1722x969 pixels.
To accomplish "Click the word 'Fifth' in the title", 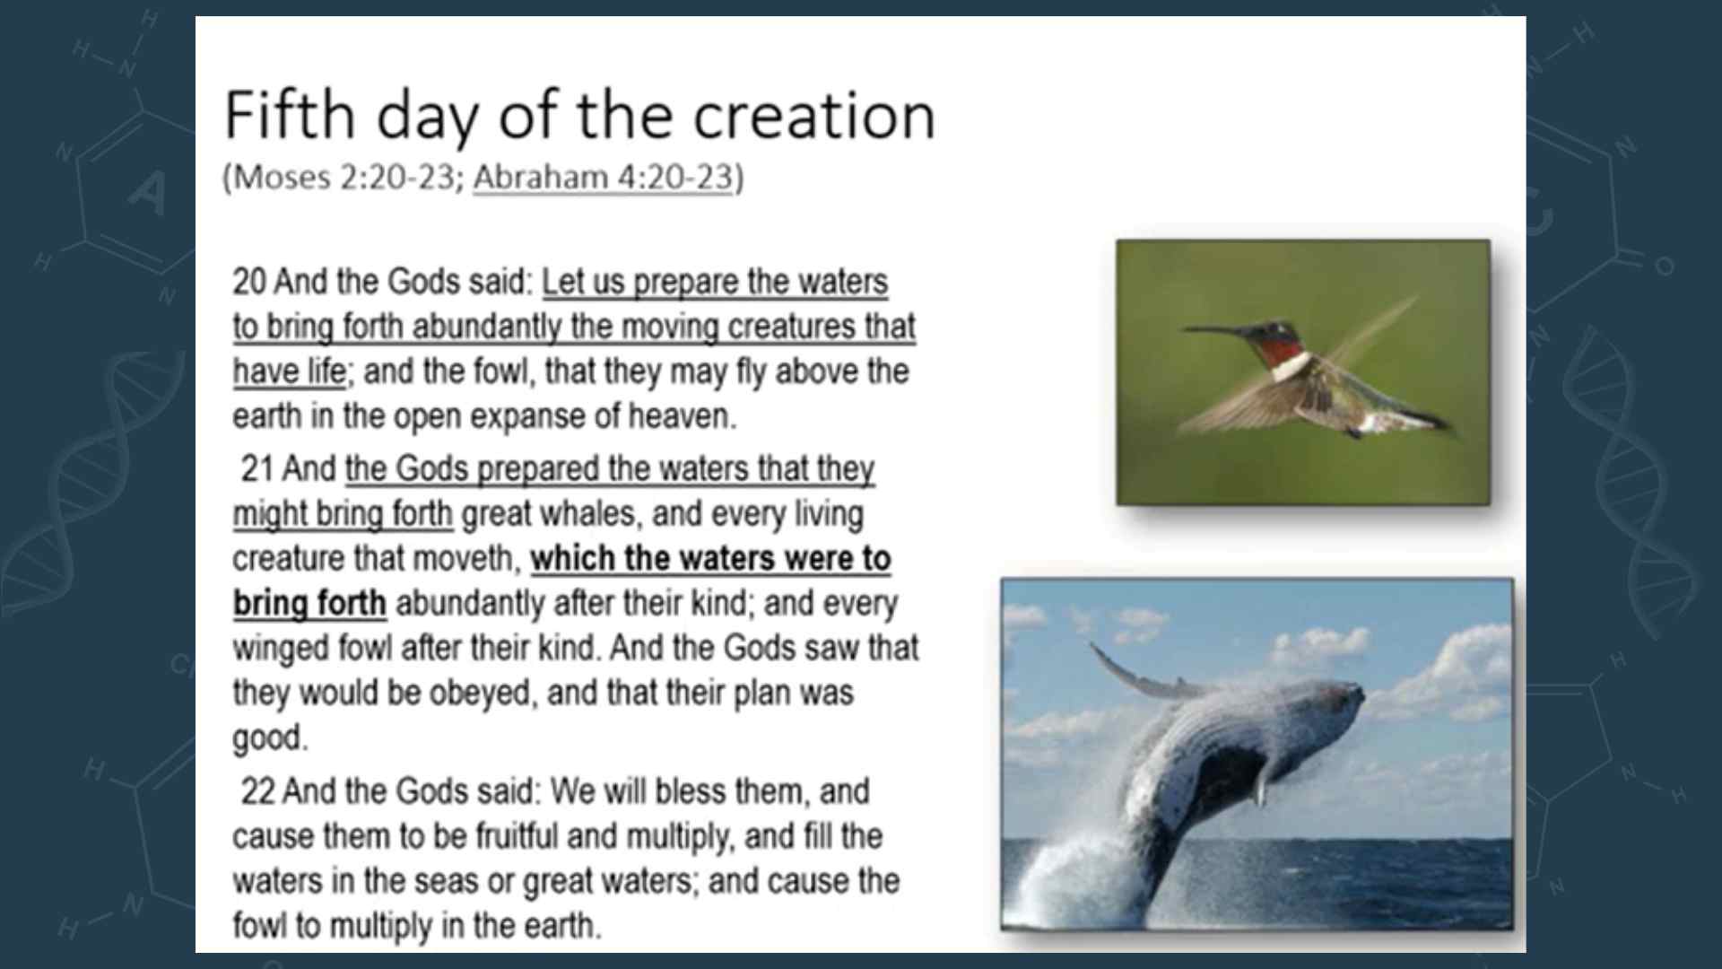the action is tap(290, 115).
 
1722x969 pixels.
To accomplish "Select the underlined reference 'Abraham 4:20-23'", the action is tap(603, 177).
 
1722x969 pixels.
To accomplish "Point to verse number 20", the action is tap(249, 282).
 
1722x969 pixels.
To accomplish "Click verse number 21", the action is tap(257, 468).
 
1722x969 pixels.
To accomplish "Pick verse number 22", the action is tap(257, 791).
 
